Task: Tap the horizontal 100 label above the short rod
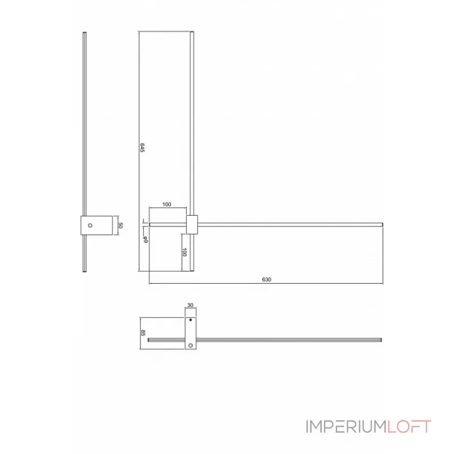pyautogui.click(x=167, y=204)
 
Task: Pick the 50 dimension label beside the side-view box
pyautogui.click(x=120, y=225)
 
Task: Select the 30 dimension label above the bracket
pyautogui.click(x=190, y=305)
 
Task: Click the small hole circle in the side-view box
pyautogui.click(x=90, y=225)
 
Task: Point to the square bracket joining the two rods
pyautogui.click(x=192, y=224)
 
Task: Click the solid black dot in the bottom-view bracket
pyautogui.click(x=191, y=321)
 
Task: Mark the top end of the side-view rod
pyautogui.click(x=85, y=33)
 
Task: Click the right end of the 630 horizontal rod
pyautogui.click(x=382, y=224)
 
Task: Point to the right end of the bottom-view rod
pyautogui.click(x=381, y=340)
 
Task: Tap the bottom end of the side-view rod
pyautogui.click(x=85, y=272)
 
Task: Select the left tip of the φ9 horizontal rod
pyautogui.click(x=149, y=224)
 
